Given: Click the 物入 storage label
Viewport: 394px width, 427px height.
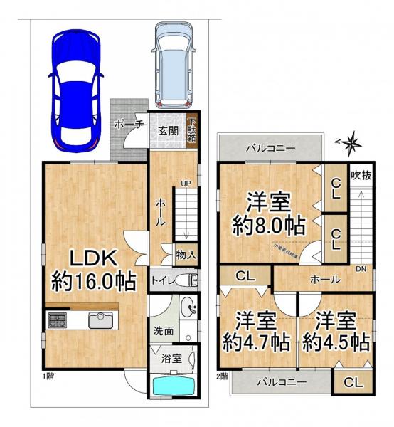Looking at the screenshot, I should click(186, 254).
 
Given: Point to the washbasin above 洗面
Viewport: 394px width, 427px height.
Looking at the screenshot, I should click(188, 308).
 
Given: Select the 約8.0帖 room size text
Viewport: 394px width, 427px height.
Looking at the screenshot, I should click(270, 226).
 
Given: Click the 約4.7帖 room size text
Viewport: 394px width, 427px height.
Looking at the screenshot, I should click(257, 342).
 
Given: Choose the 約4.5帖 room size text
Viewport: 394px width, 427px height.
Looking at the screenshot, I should click(336, 342).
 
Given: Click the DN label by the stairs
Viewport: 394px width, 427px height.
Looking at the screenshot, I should click(361, 269).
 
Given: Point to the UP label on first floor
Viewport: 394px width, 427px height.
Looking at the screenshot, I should click(185, 184).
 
